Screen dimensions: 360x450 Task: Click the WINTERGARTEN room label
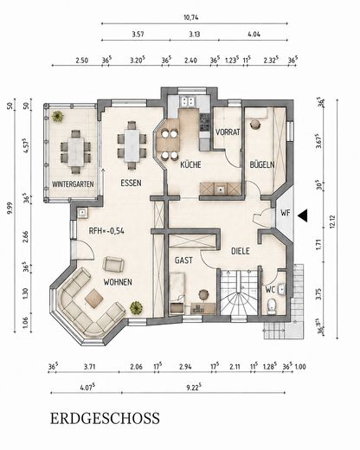[73, 184]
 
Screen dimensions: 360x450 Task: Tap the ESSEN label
[131, 183]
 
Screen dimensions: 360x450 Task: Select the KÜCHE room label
[190, 164]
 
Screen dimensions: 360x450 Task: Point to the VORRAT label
[228, 132]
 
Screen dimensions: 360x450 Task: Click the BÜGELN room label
[262, 165]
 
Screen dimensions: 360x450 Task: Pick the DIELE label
[241, 251]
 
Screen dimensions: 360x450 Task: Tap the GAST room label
[183, 260]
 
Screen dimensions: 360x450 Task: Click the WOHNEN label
[118, 282]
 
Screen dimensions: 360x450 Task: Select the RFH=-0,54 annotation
[106, 231]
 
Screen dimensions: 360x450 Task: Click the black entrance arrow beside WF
[303, 215]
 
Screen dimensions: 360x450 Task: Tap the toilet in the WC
[271, 306]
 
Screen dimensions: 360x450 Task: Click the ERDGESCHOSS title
[105, 418]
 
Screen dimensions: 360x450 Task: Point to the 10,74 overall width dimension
[191, 17]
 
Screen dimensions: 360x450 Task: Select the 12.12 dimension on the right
[334, 222]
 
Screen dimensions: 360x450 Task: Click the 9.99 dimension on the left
[10, 209]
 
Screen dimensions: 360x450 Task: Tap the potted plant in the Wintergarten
[57, 116]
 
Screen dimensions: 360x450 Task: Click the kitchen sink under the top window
[188, 101]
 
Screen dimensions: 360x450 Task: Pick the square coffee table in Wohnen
[94, 299]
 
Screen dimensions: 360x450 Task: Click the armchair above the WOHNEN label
[114, 264]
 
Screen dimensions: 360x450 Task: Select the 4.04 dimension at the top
[254, 35]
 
